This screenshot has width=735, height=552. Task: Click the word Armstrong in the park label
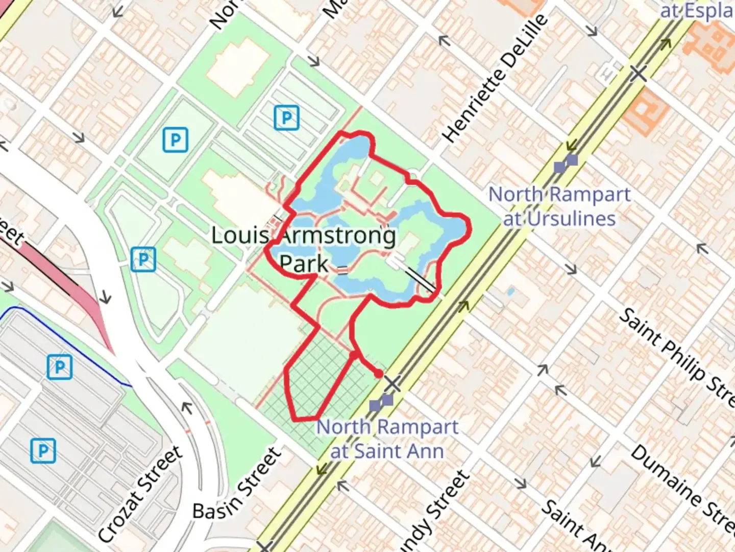[338, 236]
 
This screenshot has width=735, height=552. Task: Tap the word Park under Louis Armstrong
[304, 264]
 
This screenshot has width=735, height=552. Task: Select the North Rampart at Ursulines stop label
[559, 206]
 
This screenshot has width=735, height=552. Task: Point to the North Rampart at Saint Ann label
[387, 439]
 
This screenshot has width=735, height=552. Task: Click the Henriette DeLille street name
[495, 78]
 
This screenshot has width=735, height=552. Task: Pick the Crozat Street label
[140, 493]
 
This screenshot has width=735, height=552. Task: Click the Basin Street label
[237, 484]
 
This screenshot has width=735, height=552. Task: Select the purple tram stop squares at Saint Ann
[381, 403]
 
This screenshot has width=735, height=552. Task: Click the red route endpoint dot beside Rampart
[378, 374]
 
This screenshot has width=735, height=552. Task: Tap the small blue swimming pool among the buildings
[510, 292]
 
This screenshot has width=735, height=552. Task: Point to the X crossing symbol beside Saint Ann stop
[392, 383]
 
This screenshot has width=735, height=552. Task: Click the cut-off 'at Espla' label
[697, 10]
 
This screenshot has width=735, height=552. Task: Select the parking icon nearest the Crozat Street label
[43, 451]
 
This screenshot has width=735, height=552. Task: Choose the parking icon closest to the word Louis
[143, 259]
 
